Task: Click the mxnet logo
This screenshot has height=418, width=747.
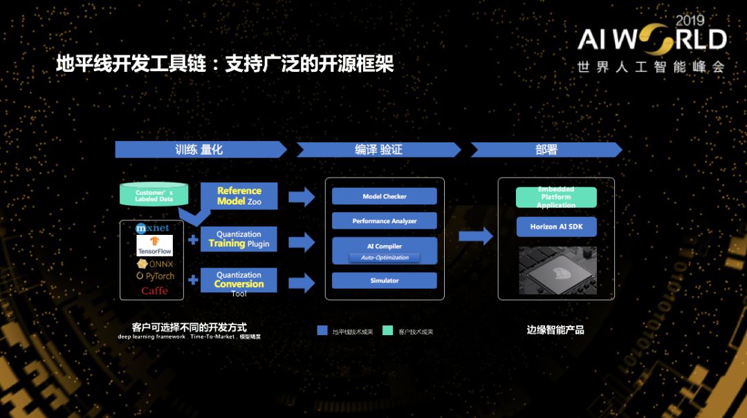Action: tap(152, 228)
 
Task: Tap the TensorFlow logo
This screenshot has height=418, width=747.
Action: tap(154, 245)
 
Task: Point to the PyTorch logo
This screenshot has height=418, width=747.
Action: tap(155, 276)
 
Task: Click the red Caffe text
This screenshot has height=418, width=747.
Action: tap(154, 291)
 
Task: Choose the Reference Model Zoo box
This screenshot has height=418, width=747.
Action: tap(239, 196)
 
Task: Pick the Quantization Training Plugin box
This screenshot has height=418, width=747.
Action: tap(239, 240)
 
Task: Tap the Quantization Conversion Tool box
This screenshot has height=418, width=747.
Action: tap(239, 281)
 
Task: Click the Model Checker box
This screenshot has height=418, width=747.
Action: tap(385, 196)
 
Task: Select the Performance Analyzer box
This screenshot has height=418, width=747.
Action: tap(385, 221)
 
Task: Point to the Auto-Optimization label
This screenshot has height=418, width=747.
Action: tap(385, 258)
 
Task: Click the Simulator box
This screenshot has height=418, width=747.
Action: tap(385, 281)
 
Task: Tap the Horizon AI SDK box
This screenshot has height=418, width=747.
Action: tap(556, 227)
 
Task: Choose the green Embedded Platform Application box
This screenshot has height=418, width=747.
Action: tap(556, 197)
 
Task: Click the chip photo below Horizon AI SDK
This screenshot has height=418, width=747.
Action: tap(557, 272)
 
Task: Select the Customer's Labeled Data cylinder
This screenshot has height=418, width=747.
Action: tap(154, 196)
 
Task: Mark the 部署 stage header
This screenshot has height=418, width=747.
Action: tap(546, 150)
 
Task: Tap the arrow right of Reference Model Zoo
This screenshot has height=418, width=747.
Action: tap(301, 197)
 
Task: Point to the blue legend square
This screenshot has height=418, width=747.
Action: tap(322, 331)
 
